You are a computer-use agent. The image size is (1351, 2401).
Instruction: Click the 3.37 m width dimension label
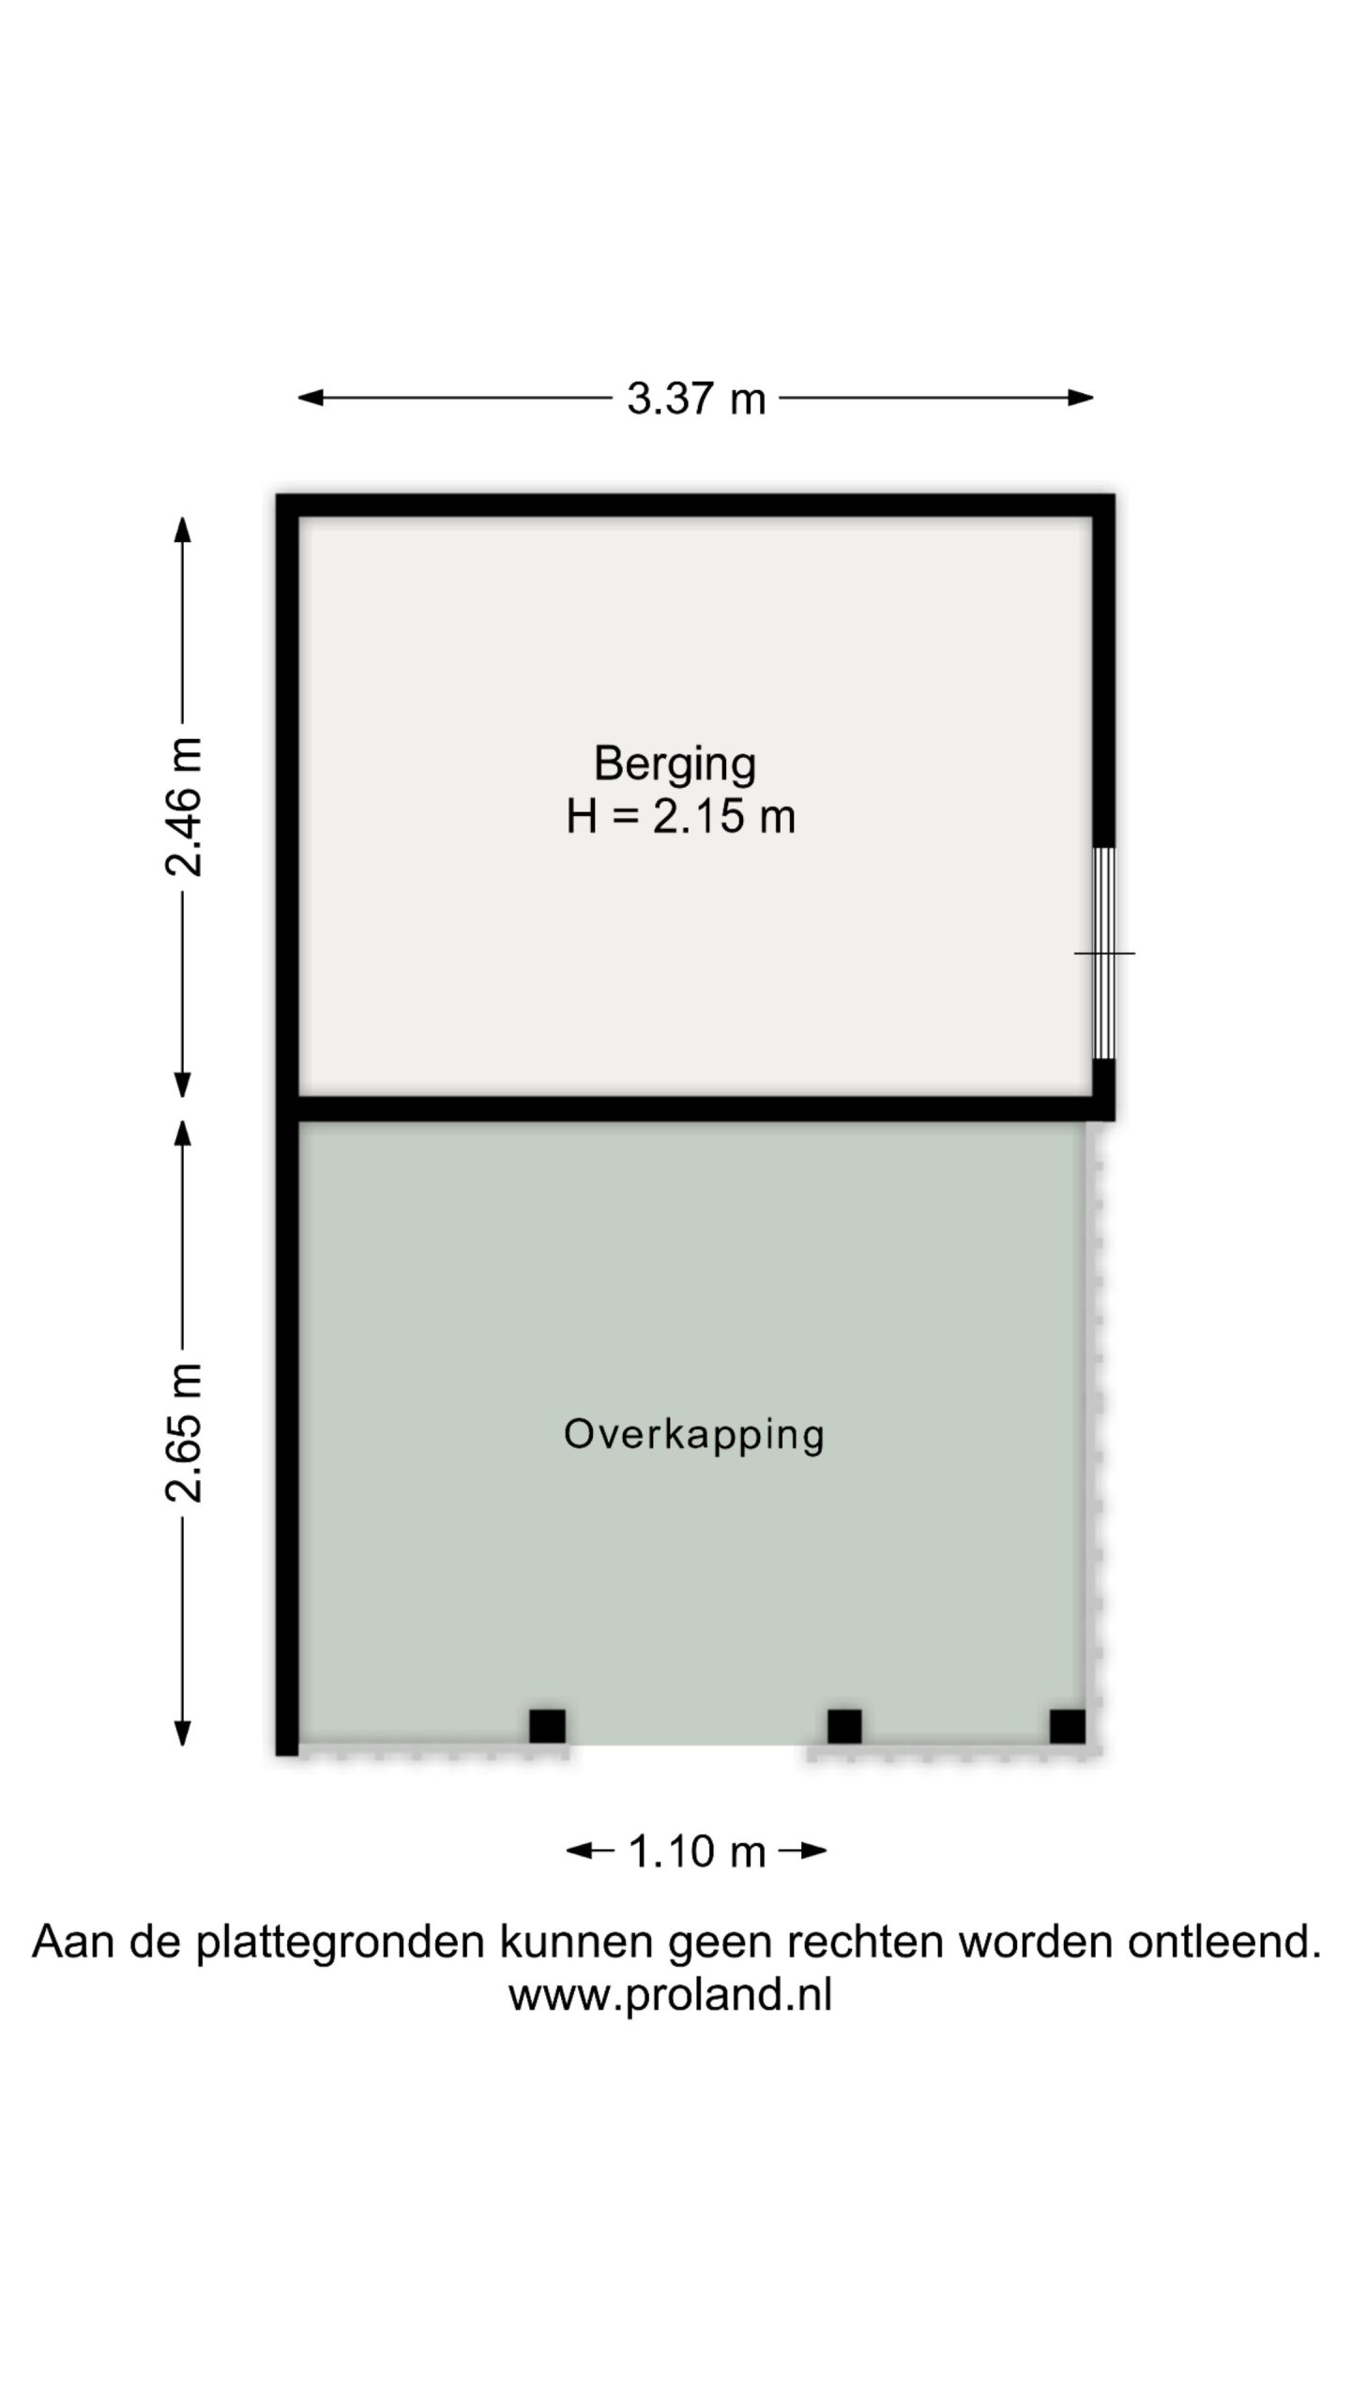(x=696, y=399)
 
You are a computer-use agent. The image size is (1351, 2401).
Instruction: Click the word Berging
(x=675, y=764)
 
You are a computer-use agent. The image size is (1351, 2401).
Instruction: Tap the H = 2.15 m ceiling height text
(x=680, y=817)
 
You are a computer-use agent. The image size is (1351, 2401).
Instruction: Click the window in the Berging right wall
(x=1104, y=953)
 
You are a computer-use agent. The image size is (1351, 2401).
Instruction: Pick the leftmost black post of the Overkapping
(x=547, y=1727)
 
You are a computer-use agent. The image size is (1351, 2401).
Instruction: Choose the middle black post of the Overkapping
(x=844, y=1727)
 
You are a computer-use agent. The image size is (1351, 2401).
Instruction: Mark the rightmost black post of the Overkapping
(x=1068, y=1727)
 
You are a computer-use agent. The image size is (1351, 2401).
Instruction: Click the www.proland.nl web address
(x=670, y=1995)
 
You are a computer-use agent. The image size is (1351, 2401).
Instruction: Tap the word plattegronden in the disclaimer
(x=340, y=1942)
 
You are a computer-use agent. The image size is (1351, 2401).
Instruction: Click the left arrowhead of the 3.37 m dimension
(x=311, y=398)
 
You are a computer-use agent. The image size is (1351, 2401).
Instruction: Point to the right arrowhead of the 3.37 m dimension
(x=1081, y=398)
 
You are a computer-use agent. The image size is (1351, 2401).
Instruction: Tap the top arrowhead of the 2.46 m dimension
(x=183, y=529)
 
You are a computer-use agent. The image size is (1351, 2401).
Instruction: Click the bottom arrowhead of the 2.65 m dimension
(x=183, y=1733)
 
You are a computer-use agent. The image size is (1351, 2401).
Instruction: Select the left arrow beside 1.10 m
(x=589, y=1850)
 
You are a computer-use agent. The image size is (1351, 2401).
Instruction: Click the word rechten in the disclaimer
(x=865, y=1941)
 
